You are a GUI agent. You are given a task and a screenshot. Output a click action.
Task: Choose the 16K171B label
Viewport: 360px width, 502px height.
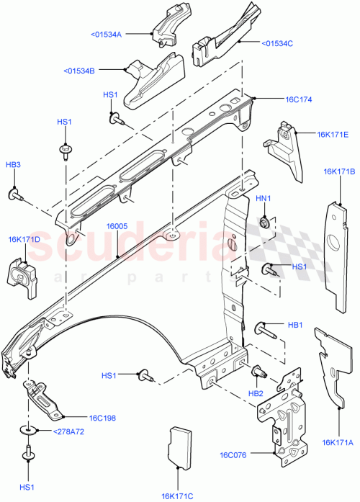[339, 171]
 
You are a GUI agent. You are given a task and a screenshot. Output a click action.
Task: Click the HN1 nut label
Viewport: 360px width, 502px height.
[264, 199]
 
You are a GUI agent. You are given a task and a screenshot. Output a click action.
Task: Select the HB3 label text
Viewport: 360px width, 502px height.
[13, 165]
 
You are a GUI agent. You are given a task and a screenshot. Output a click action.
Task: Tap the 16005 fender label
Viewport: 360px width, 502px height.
[117, 226]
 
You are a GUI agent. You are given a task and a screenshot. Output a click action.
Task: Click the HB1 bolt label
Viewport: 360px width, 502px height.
[295, 325]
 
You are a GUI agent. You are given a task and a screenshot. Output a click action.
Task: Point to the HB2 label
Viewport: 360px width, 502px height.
[256, 394]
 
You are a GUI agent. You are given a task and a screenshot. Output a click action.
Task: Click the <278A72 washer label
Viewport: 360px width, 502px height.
[68, 431]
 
